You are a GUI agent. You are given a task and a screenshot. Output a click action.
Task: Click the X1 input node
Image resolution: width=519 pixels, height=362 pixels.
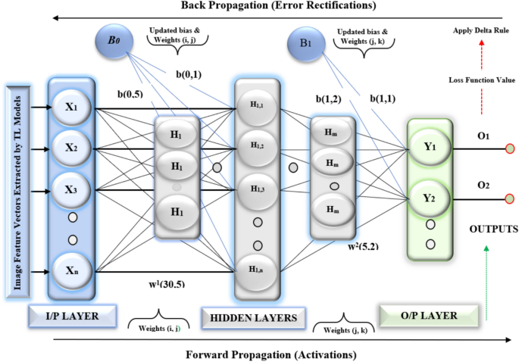point(72,108)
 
